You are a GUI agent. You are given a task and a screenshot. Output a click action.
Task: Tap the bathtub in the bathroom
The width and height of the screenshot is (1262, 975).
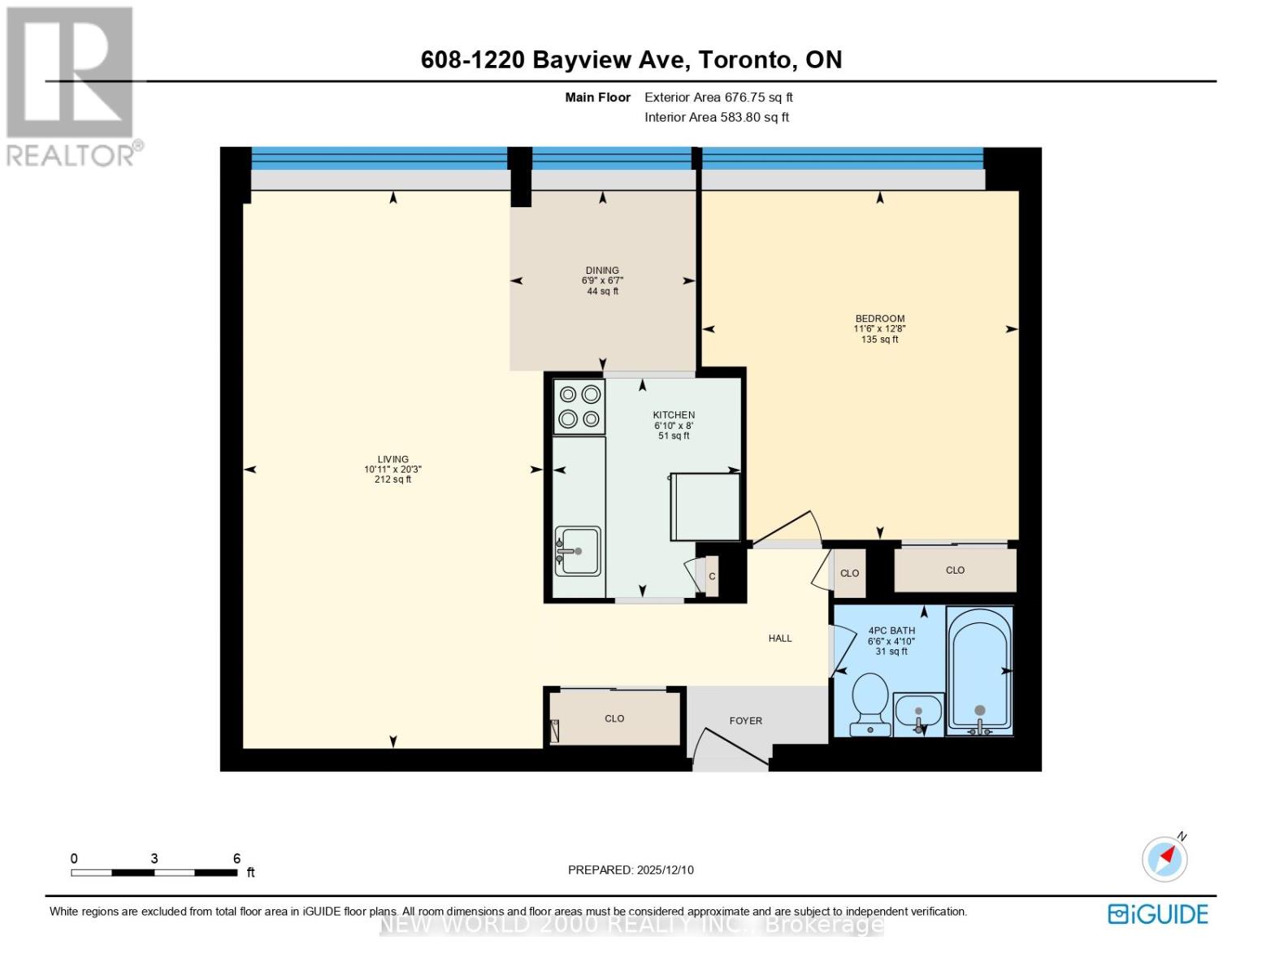(980, 671)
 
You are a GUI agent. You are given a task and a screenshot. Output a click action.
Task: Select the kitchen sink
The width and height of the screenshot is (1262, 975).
(578, 550)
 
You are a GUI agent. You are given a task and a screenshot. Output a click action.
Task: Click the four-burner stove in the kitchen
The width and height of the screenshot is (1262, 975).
(579, 406)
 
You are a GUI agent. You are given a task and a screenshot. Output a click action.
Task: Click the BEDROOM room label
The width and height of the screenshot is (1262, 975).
(879, 318)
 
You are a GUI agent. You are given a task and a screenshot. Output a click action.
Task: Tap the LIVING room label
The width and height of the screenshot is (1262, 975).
(392, 459)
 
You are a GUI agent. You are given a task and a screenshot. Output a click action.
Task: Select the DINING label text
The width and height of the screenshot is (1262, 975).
(602, 271)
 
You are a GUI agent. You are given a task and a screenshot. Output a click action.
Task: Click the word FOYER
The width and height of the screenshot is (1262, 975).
(745, 721)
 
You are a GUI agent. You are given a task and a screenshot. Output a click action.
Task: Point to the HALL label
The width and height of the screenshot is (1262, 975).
(779, 639)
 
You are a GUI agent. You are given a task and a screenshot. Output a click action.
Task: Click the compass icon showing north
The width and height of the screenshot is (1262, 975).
(1165, 858)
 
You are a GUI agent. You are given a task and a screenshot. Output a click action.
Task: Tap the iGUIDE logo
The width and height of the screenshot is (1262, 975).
(1158, 914)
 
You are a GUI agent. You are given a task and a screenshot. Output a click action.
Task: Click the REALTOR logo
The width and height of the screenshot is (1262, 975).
(71, 85)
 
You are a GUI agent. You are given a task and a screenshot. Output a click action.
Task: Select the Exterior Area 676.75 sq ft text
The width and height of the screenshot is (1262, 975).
(718, 97)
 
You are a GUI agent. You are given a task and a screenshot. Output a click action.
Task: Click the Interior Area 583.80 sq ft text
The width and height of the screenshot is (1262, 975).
(717, 117)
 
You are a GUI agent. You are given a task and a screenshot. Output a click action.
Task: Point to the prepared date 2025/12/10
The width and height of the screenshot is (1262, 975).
(631, 870)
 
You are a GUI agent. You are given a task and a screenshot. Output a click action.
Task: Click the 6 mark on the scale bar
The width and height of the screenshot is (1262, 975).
(236, 858)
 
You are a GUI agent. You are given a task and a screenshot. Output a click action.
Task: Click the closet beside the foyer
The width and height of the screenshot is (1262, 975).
(614, 718)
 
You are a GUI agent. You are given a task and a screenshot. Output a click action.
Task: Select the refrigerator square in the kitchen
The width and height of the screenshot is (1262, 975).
(705, 507)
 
